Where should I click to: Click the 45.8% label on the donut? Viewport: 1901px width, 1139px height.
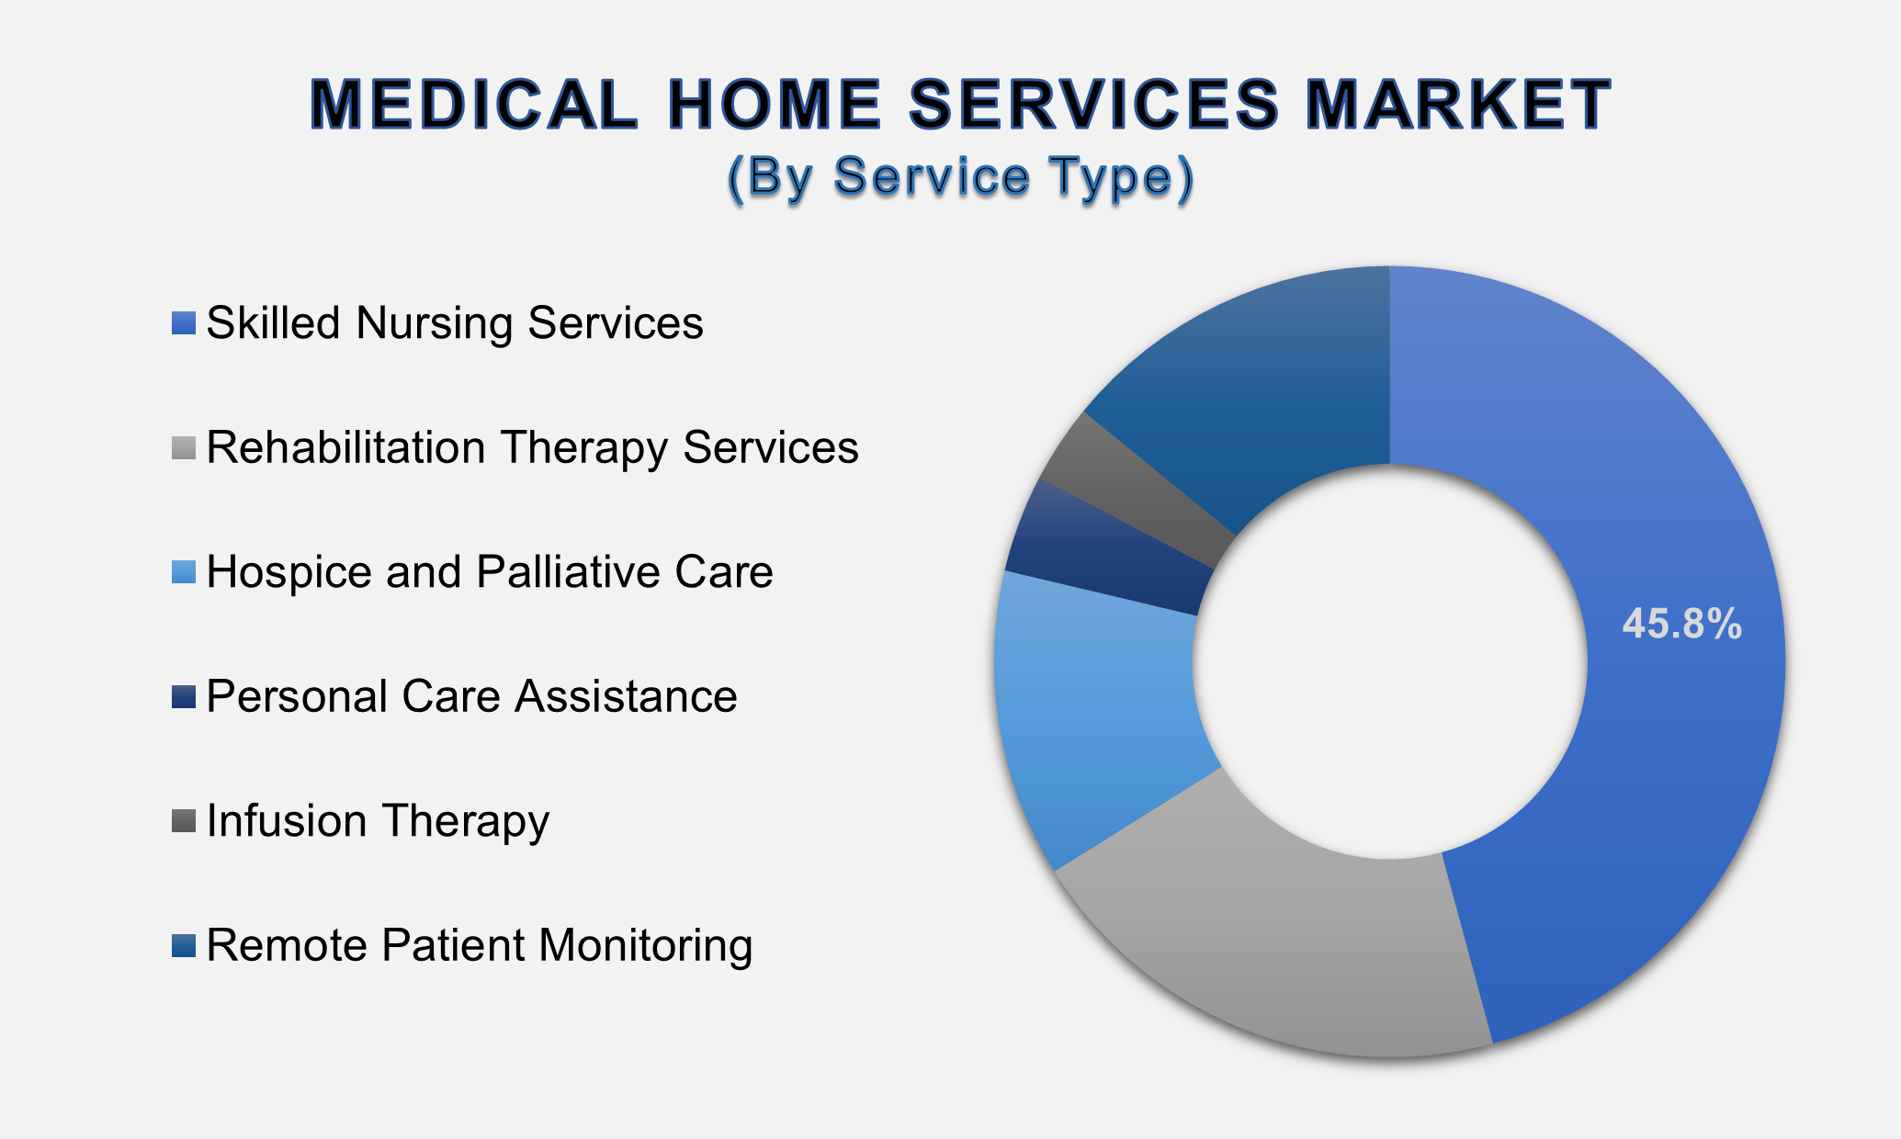1681,625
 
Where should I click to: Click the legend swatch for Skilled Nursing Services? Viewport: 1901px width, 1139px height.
183,323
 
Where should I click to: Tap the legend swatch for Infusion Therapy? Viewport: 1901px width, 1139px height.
183,821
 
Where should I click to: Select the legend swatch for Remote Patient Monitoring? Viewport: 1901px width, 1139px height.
183,946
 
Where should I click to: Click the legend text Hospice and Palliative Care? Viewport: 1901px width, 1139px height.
490,572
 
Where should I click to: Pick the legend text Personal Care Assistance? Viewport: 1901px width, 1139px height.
471,696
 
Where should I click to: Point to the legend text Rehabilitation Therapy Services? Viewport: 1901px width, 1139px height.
532,448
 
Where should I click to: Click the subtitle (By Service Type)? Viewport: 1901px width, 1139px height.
961,176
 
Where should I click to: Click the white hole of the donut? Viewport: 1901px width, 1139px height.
1389,661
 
